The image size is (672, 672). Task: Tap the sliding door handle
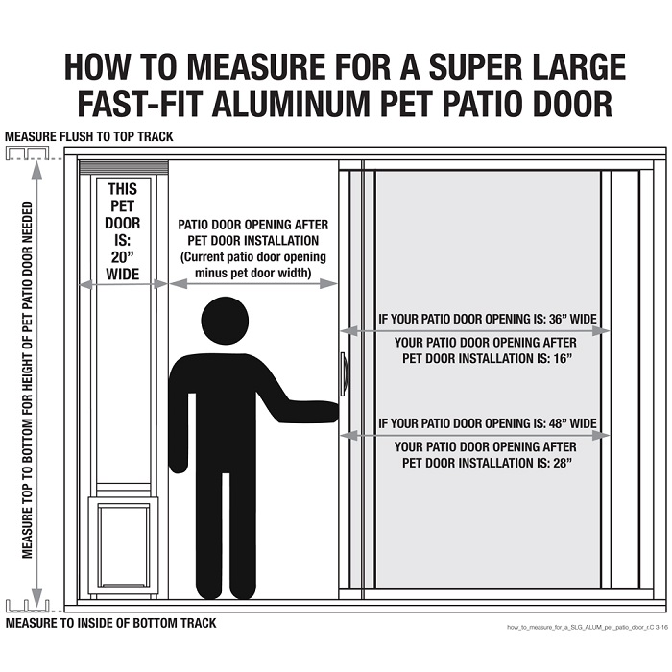pyautogui.click(x=342, y=374)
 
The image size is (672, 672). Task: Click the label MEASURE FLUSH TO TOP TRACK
pyautogui.click(x=89, y=136)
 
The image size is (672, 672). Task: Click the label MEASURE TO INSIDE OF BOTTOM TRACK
pyautogui.click(x=110, y=623)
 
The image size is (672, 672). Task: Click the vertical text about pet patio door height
pyautogui.click(x=27, y=379)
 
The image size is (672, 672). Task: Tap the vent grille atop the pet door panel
pyautogui.click(x=123, y=169)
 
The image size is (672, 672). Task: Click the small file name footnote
pyautogui.click(x=586, y=627)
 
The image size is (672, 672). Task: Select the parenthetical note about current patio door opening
pyautogui.click(x=253, y=265)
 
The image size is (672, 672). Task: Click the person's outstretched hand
pyautogui.click(x=329, y=411)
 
